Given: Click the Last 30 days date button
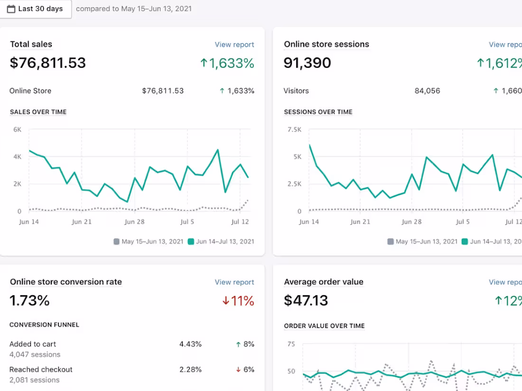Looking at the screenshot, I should click(35, 9).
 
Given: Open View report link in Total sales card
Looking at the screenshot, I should click(234, 45).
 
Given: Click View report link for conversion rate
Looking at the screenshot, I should click(234, 282).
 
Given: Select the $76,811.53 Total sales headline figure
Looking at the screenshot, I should click(48, 63).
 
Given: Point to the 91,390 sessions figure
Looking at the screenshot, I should click(308, 63).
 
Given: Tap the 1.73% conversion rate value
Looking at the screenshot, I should click(30, 300).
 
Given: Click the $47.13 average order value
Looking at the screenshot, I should click(306, 300).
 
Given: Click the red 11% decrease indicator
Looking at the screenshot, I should click(238, 301).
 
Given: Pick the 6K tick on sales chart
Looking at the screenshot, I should click(17, 129).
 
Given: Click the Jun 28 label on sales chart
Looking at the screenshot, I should click(134, 222).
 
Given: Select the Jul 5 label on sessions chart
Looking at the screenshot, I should click(463, 222).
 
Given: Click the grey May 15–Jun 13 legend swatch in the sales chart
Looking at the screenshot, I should click(117, 242).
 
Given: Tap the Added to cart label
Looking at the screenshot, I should click(33, 344).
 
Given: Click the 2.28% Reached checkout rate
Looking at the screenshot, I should click(190, 370).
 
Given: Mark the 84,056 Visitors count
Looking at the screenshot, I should click(427, 91).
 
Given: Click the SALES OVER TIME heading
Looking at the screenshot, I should click(38, 112).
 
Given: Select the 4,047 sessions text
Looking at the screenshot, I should click(35, 355).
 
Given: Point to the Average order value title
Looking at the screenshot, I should click(324, 282).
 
